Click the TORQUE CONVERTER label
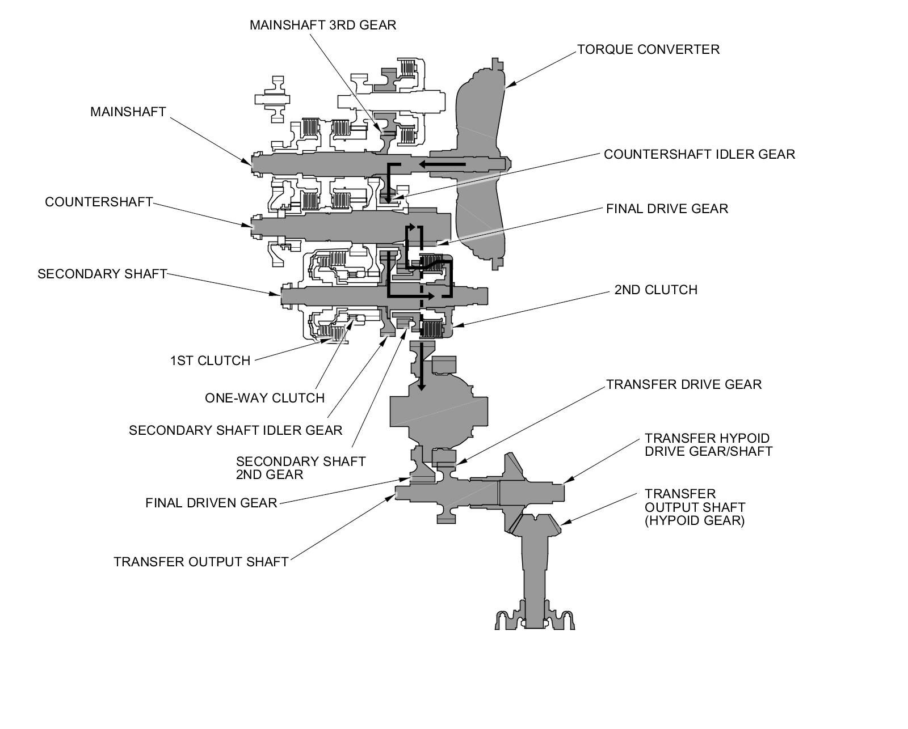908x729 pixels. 648,49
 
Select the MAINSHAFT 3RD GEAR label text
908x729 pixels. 322,25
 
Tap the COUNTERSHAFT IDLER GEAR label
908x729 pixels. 699,154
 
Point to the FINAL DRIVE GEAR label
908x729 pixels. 667,209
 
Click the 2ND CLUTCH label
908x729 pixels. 655,290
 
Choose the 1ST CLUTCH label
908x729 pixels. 210,361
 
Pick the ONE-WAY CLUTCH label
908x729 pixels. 264,398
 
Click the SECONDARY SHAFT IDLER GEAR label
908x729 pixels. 236,430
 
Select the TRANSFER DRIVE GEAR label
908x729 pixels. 684,384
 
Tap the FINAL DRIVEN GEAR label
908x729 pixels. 211,503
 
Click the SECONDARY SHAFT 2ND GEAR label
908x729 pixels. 301,468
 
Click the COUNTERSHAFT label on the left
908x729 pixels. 99,202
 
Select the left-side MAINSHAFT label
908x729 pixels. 128,112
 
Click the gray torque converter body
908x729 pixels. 480,159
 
